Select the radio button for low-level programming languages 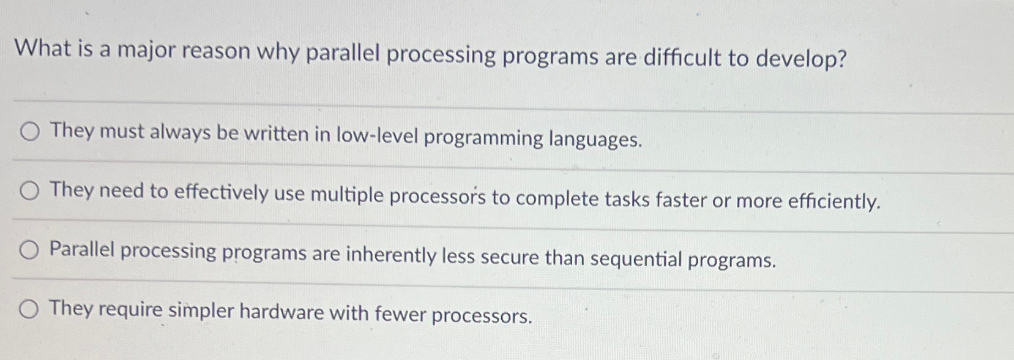click(30, 132)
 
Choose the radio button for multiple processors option click(29, 192)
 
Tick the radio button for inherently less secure click(29, 250)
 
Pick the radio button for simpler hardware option click(29, 310)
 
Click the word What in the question click(43, 48)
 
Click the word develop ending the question click(801, 59)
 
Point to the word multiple click(346, 195)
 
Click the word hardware click(281, 312)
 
